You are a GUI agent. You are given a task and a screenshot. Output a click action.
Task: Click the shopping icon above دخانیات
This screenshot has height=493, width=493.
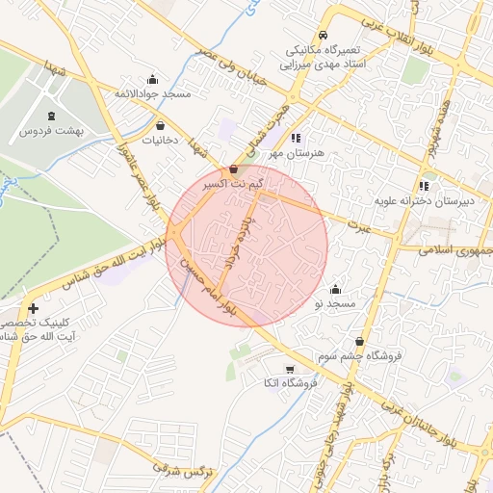(160, 125)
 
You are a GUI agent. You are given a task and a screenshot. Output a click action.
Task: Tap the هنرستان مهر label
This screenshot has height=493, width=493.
(299, 153)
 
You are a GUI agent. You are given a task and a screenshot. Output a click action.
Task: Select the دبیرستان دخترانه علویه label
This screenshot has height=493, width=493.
(423, 202)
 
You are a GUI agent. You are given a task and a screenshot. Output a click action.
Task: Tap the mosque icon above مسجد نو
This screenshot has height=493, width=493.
(335, 289)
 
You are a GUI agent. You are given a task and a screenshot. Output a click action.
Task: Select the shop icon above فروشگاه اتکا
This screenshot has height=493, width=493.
(289, 370)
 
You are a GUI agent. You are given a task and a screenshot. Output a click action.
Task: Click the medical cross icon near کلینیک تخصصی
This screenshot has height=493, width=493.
(34, 309)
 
